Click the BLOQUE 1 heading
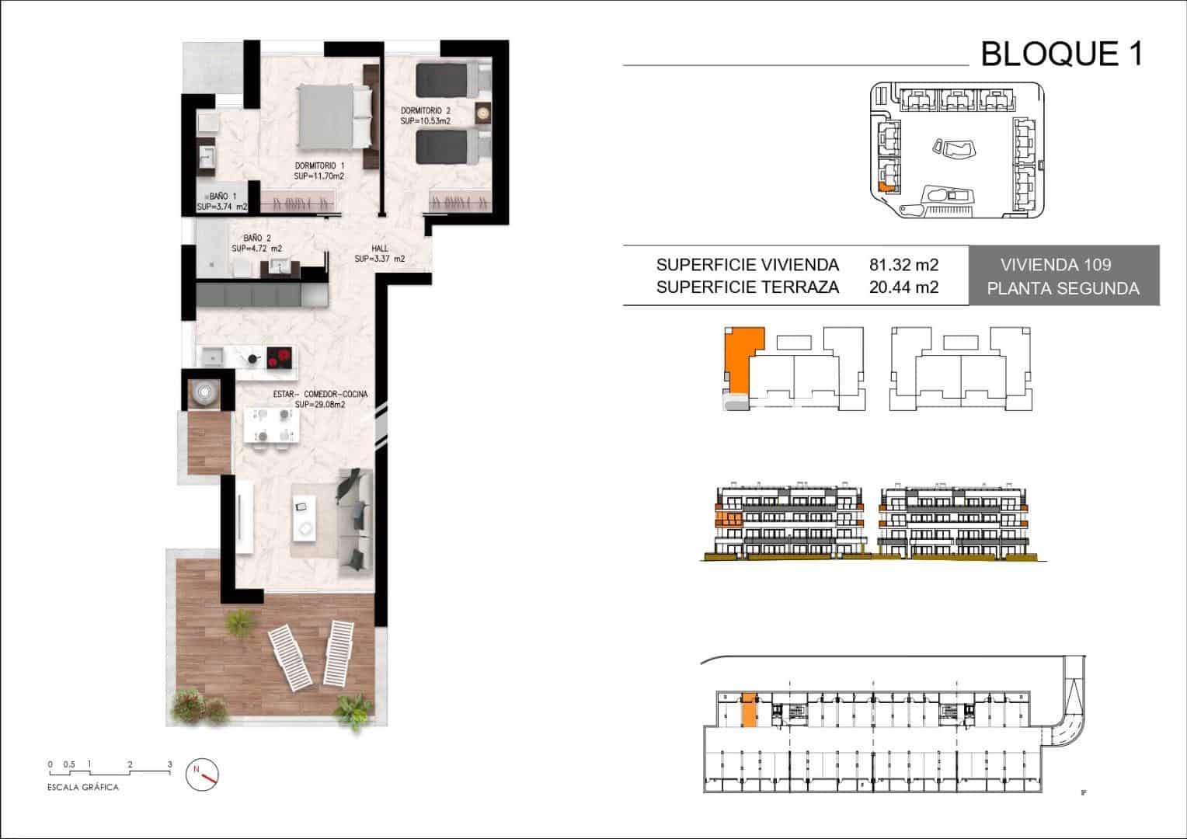1062,54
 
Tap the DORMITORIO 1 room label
319,166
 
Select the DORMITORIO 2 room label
426,111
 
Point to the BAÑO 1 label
222,196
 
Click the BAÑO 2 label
257,238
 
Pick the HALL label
379,248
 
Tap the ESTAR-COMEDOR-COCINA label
320,395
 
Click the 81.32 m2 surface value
904,264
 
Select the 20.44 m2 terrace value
904,287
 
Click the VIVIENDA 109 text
1056,264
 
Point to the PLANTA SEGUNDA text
1063,288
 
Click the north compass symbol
202,774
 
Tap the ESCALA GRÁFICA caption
83,788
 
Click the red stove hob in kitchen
279,357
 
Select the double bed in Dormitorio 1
334,117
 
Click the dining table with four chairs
271,426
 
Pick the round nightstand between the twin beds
482,113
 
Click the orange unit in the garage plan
749,709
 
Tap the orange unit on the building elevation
728,520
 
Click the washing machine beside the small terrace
205,392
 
